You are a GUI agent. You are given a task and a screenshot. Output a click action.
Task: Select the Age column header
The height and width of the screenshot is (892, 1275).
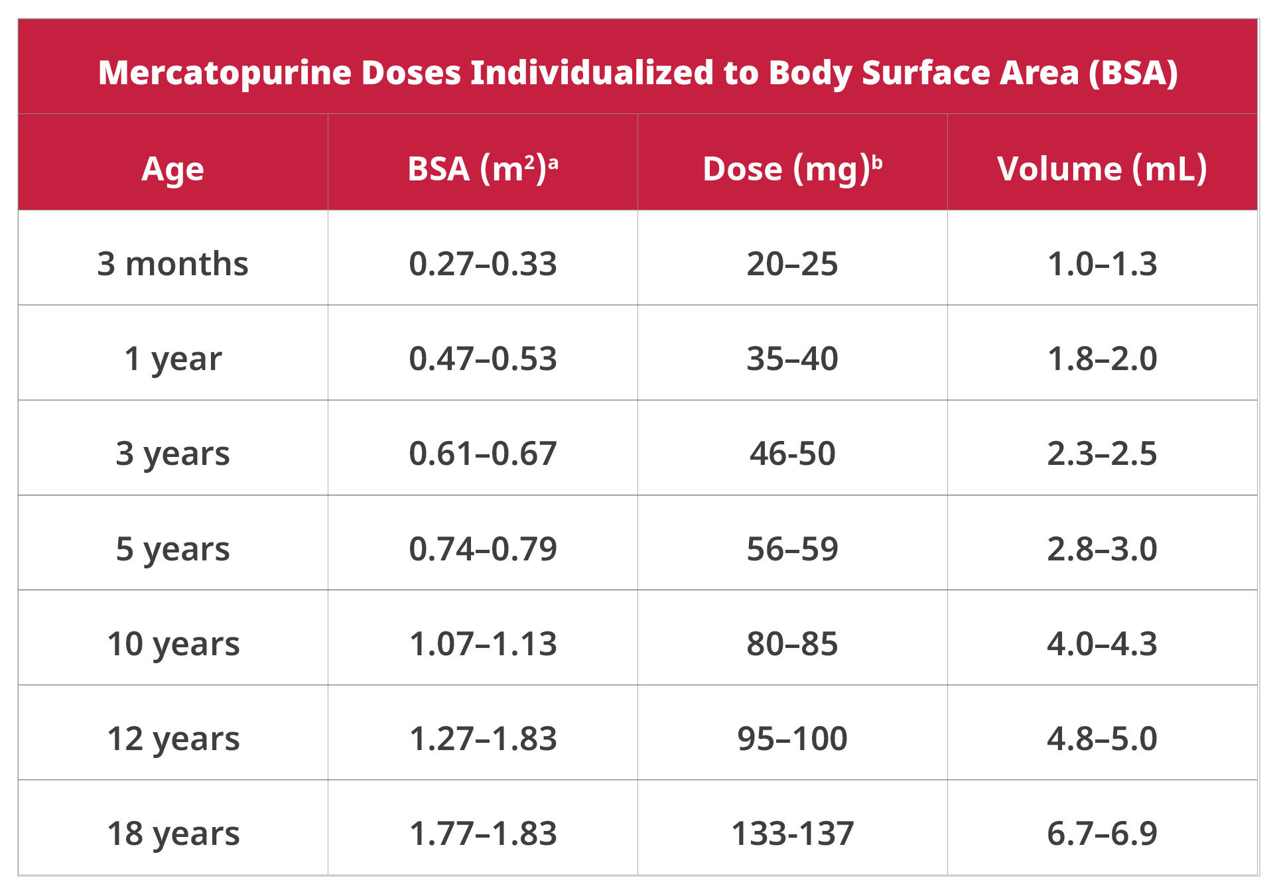(x=172, y=169)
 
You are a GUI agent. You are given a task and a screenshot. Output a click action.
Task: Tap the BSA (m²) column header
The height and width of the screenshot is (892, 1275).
(x=482, y=169)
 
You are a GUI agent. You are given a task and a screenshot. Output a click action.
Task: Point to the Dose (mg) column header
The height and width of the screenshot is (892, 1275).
(x=792, y=169)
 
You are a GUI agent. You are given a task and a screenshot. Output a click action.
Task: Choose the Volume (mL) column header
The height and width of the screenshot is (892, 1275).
(x=1102, y=169)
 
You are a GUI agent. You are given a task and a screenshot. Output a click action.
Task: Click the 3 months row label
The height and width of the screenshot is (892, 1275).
(x=172, y=264)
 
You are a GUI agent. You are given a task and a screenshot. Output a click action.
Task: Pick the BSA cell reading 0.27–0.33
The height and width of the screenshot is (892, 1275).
(x=482, y=264)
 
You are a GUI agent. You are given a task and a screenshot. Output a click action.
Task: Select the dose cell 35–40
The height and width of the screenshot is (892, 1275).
(x=792, y=359)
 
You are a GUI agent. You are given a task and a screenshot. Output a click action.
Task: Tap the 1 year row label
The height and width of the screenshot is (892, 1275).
(x=172, y=359)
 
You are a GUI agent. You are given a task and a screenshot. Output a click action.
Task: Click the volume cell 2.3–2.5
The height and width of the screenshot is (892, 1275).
(x=1102, y=454)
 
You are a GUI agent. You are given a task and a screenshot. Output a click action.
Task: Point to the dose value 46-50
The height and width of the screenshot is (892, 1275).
(x=792, y=454)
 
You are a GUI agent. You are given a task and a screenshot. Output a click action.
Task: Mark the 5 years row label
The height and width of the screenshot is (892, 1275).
(x=172, y=549)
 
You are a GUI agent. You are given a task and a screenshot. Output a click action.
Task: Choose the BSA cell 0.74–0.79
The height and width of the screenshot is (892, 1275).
(x=482, y=549)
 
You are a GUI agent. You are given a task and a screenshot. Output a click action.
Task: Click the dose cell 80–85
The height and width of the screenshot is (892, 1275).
(x=792, y=644)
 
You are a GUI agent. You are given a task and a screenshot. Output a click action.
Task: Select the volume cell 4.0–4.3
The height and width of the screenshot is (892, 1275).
(x=1102, y=644)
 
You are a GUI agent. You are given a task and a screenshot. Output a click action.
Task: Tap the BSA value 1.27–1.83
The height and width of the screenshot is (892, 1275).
(x=482, y=739)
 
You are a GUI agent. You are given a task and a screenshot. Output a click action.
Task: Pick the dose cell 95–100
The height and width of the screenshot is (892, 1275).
(x=792, y=739)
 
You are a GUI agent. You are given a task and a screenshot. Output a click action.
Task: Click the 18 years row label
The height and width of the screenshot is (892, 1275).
(x=172, y=834)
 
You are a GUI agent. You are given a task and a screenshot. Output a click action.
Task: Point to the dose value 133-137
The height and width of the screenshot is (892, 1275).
(x=792, y=834)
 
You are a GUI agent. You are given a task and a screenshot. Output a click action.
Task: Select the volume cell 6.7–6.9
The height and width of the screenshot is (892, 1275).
(x=1102, y=834)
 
